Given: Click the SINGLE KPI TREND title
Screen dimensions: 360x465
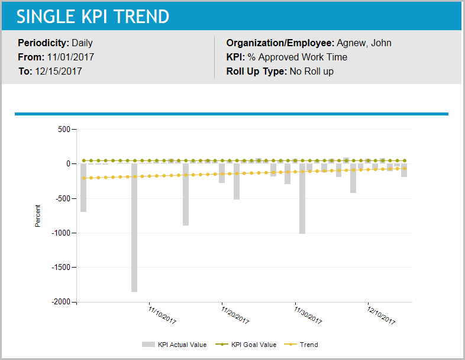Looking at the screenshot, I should pos(93,17).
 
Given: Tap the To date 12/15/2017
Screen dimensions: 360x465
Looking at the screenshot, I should pos(58,71).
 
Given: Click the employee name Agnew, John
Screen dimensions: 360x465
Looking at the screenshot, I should pos(364,43).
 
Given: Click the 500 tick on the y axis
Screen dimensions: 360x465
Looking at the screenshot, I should pos(63,129).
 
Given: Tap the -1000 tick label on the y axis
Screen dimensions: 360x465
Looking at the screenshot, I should pos(60,233).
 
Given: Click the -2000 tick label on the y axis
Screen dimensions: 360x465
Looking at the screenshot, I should pos(60,302).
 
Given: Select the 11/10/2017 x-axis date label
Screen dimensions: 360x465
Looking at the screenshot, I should pos(162,315).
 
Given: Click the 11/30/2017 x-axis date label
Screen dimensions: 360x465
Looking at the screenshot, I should pos(308,315).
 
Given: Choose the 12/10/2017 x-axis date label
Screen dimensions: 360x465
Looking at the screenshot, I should pos(381,315).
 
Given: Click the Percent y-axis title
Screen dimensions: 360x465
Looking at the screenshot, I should pos(38,216).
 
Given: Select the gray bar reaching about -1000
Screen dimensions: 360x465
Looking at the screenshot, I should pos(302,201).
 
